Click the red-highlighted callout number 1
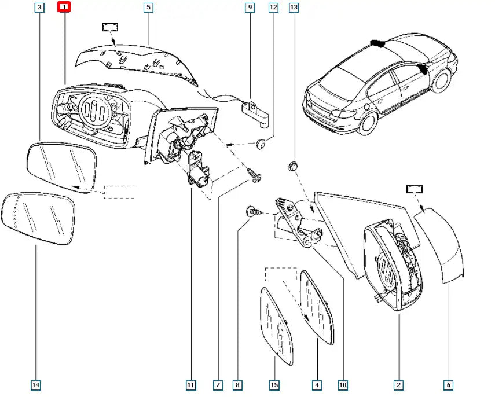64,8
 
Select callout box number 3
39,8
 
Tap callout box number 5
148,8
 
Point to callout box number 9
250,8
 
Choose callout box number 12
273,8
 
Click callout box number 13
294,8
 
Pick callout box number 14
36,385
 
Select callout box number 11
191,385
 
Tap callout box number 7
218,385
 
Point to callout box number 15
274,385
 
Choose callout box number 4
317,385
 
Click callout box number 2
399,385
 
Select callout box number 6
449,385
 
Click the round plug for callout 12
261,143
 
